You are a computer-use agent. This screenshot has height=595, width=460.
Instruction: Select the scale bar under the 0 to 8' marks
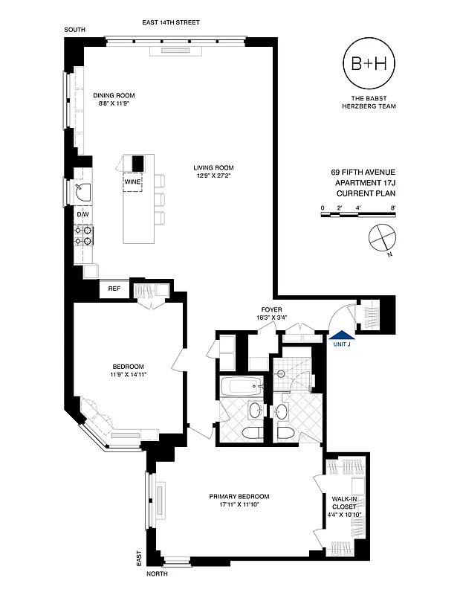pyautogui.click(x=358, y=215)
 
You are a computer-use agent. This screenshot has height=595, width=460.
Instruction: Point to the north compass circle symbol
pyautogui.click(x=381, y=238)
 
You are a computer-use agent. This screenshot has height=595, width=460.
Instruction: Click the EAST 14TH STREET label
pyautogui.click(x=173, y=23)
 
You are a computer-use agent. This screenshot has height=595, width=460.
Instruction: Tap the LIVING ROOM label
pyautogui.click(x=214, y=167)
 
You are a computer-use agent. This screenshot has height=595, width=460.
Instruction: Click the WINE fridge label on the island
pyautogui.click(x=133, y=181)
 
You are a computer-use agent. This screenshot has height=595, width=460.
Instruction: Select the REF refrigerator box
pyautogui.click(x=114, y=289)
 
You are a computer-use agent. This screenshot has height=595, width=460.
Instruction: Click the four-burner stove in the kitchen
pyautogui.click(x=83, y=236)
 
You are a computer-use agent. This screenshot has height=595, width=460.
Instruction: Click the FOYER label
pyautogui.click(x=271, y=309)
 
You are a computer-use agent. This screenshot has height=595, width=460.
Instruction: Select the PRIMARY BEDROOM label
pyautogui.click(x=239, y=496)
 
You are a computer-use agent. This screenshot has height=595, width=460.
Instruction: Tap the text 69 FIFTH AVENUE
pyautogui.click(x=363, y=172)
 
